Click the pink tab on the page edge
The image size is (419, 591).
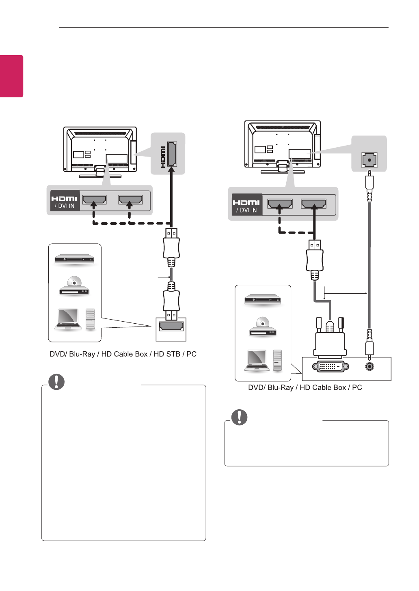pos(11,76)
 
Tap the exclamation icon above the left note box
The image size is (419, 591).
pos(56,381)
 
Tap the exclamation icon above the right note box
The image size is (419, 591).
pos(240,417)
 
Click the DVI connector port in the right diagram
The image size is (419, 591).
pos(330,366)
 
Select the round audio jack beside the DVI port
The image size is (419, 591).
pos(369,366)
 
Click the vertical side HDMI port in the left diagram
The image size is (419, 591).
pos(172,154)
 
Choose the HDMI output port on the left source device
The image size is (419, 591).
pos(171,326)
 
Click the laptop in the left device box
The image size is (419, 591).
pos(68,319)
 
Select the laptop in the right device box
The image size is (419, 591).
pos(257,360)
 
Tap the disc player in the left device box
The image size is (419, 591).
pos(74,286)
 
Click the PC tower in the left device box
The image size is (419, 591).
pos(91,319)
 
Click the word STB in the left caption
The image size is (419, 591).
pos(167,354)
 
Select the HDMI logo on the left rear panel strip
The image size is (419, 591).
pos(64,198)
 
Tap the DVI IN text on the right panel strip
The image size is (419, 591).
pos(246,210)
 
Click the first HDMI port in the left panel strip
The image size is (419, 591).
pos(94,200)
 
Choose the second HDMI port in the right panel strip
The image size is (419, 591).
pos(313,203)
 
